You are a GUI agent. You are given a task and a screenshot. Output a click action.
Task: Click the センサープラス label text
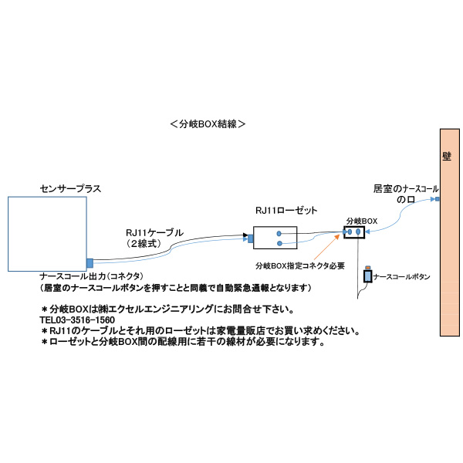tap(70, 188)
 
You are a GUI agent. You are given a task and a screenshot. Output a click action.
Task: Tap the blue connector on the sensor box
tap(90, 262)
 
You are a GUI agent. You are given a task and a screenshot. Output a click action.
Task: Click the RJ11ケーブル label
tap(154, 231)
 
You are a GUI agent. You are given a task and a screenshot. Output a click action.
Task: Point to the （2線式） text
tap(148, 242)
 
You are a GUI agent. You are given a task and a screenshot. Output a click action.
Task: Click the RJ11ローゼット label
tap(286, 211)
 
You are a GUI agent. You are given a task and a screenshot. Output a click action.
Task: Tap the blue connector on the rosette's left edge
tap(251, 238)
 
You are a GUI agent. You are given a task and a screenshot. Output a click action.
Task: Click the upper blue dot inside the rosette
tap(278, 233)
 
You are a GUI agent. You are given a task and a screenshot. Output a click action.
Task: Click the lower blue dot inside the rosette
tap(278, 244)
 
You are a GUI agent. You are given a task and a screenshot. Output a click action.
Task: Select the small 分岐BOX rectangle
tap(354, 231)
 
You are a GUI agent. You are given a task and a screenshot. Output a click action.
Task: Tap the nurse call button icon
tap(367, 275)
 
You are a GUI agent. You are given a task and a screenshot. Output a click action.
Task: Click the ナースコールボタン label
tap(401, 276)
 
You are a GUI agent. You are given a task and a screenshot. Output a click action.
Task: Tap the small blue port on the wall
tap(436, 200)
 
